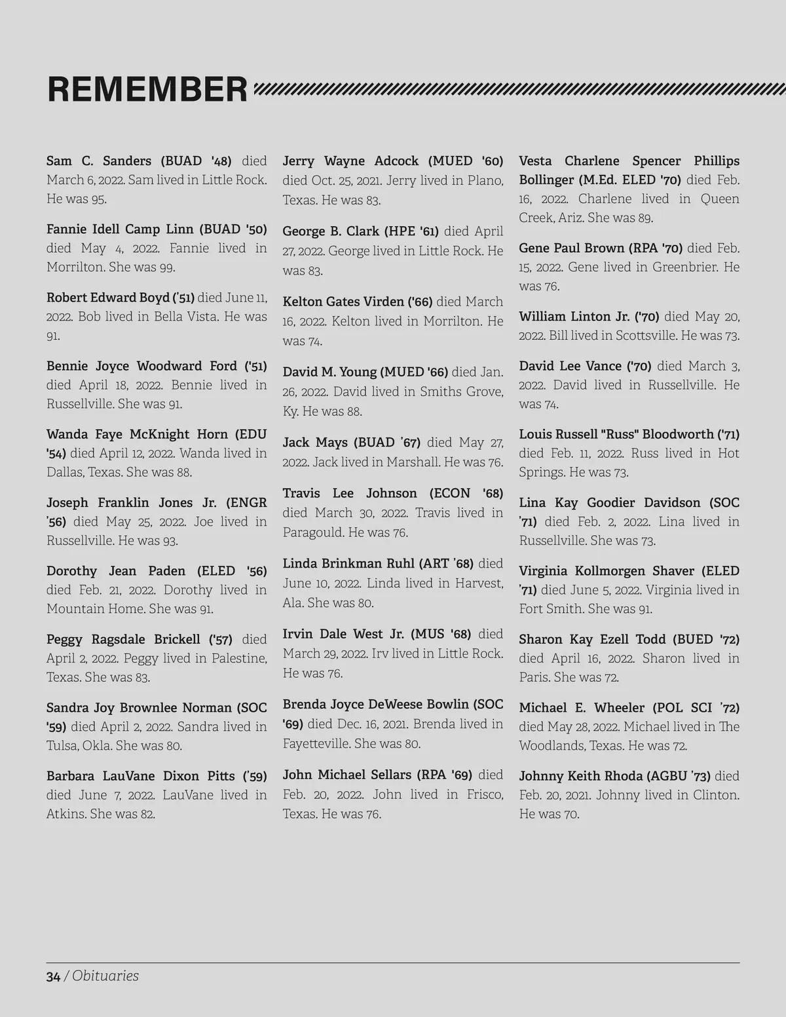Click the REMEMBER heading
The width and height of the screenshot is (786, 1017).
pos(147,90)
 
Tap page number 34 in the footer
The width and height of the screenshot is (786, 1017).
pos(53,976)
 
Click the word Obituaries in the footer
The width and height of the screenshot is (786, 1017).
pos(105,976)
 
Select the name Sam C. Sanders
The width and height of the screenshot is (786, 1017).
pos(99,161)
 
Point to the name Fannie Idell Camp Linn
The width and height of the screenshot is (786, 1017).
pos(120,229)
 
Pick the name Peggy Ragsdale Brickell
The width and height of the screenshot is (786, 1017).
pos(123,639)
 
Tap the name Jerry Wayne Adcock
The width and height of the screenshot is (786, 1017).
pos(350,161)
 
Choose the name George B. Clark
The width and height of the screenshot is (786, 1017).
pos(331,231)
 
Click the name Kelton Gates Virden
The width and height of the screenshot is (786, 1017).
pos(343,302)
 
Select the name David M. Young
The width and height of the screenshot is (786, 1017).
pos(329,372)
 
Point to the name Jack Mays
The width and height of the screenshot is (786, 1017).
pos(315,443)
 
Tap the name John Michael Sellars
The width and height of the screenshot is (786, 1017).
pos(348,775)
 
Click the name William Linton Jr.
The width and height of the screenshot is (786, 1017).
pos(574,317)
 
